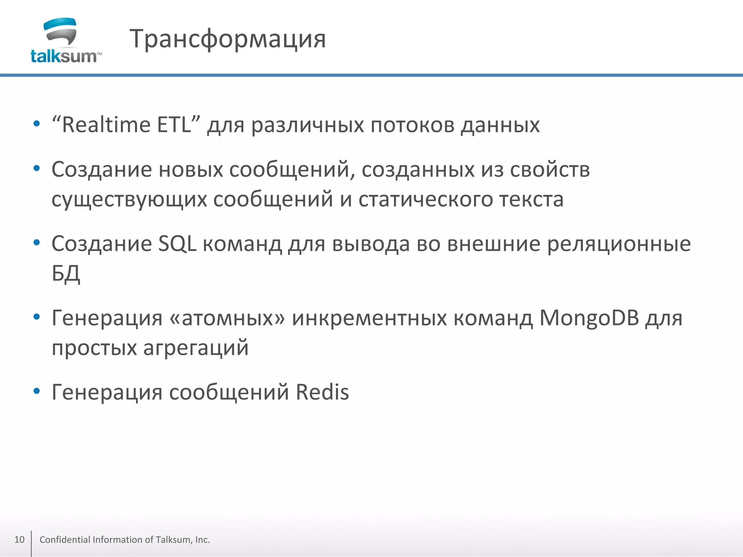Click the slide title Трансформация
point(227,39)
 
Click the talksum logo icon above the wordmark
point(60,32)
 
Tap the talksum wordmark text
point(64,57)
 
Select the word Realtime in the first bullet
point(106,125)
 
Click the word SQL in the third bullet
point(177,244)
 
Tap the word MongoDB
point(589,318)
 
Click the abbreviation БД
point(66,274)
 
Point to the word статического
point(425,199)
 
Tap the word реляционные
point(619,244)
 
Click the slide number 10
point(19,540)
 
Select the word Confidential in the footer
point(65,540)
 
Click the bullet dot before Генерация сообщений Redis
point(36,391)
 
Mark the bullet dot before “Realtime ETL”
point(36,124)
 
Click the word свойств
point(550,170)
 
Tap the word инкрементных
point(369,318)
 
